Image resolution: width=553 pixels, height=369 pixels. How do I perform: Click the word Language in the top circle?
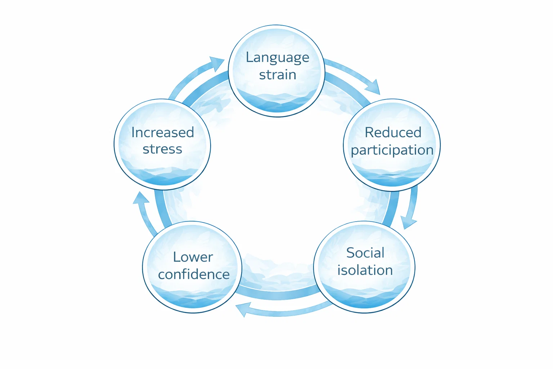click(277, 58)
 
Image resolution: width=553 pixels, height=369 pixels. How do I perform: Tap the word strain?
click(277, 75)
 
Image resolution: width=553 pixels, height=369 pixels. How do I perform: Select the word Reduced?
click(393, 133)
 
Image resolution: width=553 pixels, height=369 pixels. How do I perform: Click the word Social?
click(365, 253)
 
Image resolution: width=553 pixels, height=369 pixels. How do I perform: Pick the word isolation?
click(365, 270)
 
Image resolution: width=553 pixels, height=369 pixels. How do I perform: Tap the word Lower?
click(193, 257)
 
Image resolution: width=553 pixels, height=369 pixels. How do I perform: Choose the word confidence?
click(194, 275)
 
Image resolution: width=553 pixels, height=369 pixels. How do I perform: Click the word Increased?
click(162, 133)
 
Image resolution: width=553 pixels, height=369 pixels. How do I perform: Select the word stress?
click(162, 149)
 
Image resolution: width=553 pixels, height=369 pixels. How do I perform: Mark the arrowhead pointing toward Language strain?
click(217, 63)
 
